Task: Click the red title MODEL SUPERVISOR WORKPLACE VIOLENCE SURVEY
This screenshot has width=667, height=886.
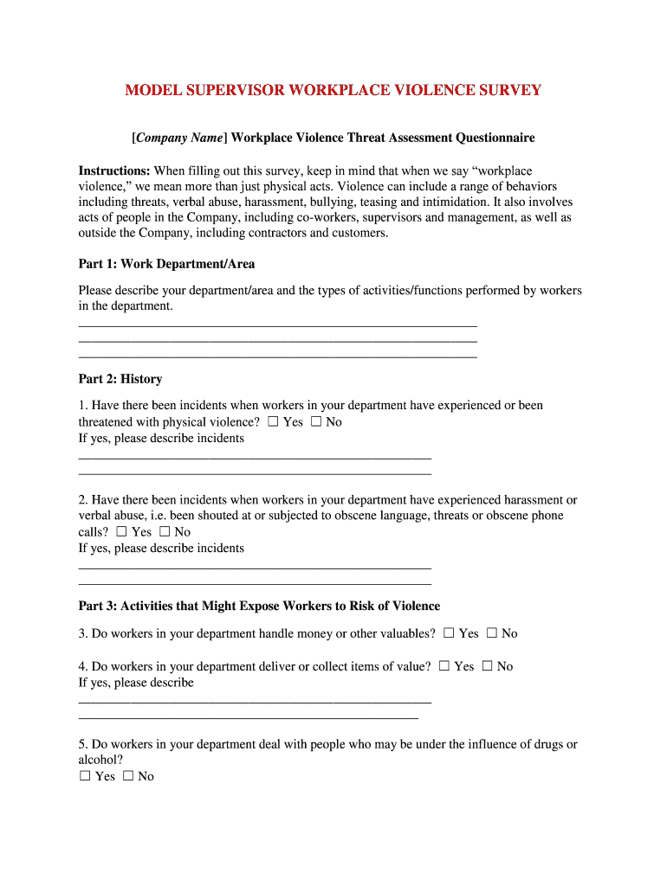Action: point(333,90)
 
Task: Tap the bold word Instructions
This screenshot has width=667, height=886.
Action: point(114,170)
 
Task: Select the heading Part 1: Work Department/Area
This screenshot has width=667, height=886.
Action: point(166,263)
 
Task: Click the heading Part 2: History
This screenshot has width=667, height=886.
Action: point(120,379)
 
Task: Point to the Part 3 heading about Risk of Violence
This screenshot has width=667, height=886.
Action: point(259,606)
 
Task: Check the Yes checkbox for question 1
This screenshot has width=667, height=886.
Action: point(273,421)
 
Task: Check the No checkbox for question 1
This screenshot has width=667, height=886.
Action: point(315,421)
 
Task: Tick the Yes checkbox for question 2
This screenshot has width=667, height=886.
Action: point(121,531)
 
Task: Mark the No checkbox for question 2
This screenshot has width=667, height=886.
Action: point(165,531)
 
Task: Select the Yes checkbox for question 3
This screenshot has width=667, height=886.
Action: point(448,633)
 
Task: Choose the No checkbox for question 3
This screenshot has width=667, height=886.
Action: point(491,633)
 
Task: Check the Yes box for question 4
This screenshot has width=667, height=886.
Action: point(444,666)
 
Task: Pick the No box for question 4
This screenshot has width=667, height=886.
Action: point(487,666)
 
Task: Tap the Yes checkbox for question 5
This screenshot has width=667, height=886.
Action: point(85,776)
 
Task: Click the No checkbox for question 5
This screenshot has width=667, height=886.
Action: point(127,776)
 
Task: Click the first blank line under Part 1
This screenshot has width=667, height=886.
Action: point(277,326)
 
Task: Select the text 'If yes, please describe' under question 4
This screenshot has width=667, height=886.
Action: point(136,683)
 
